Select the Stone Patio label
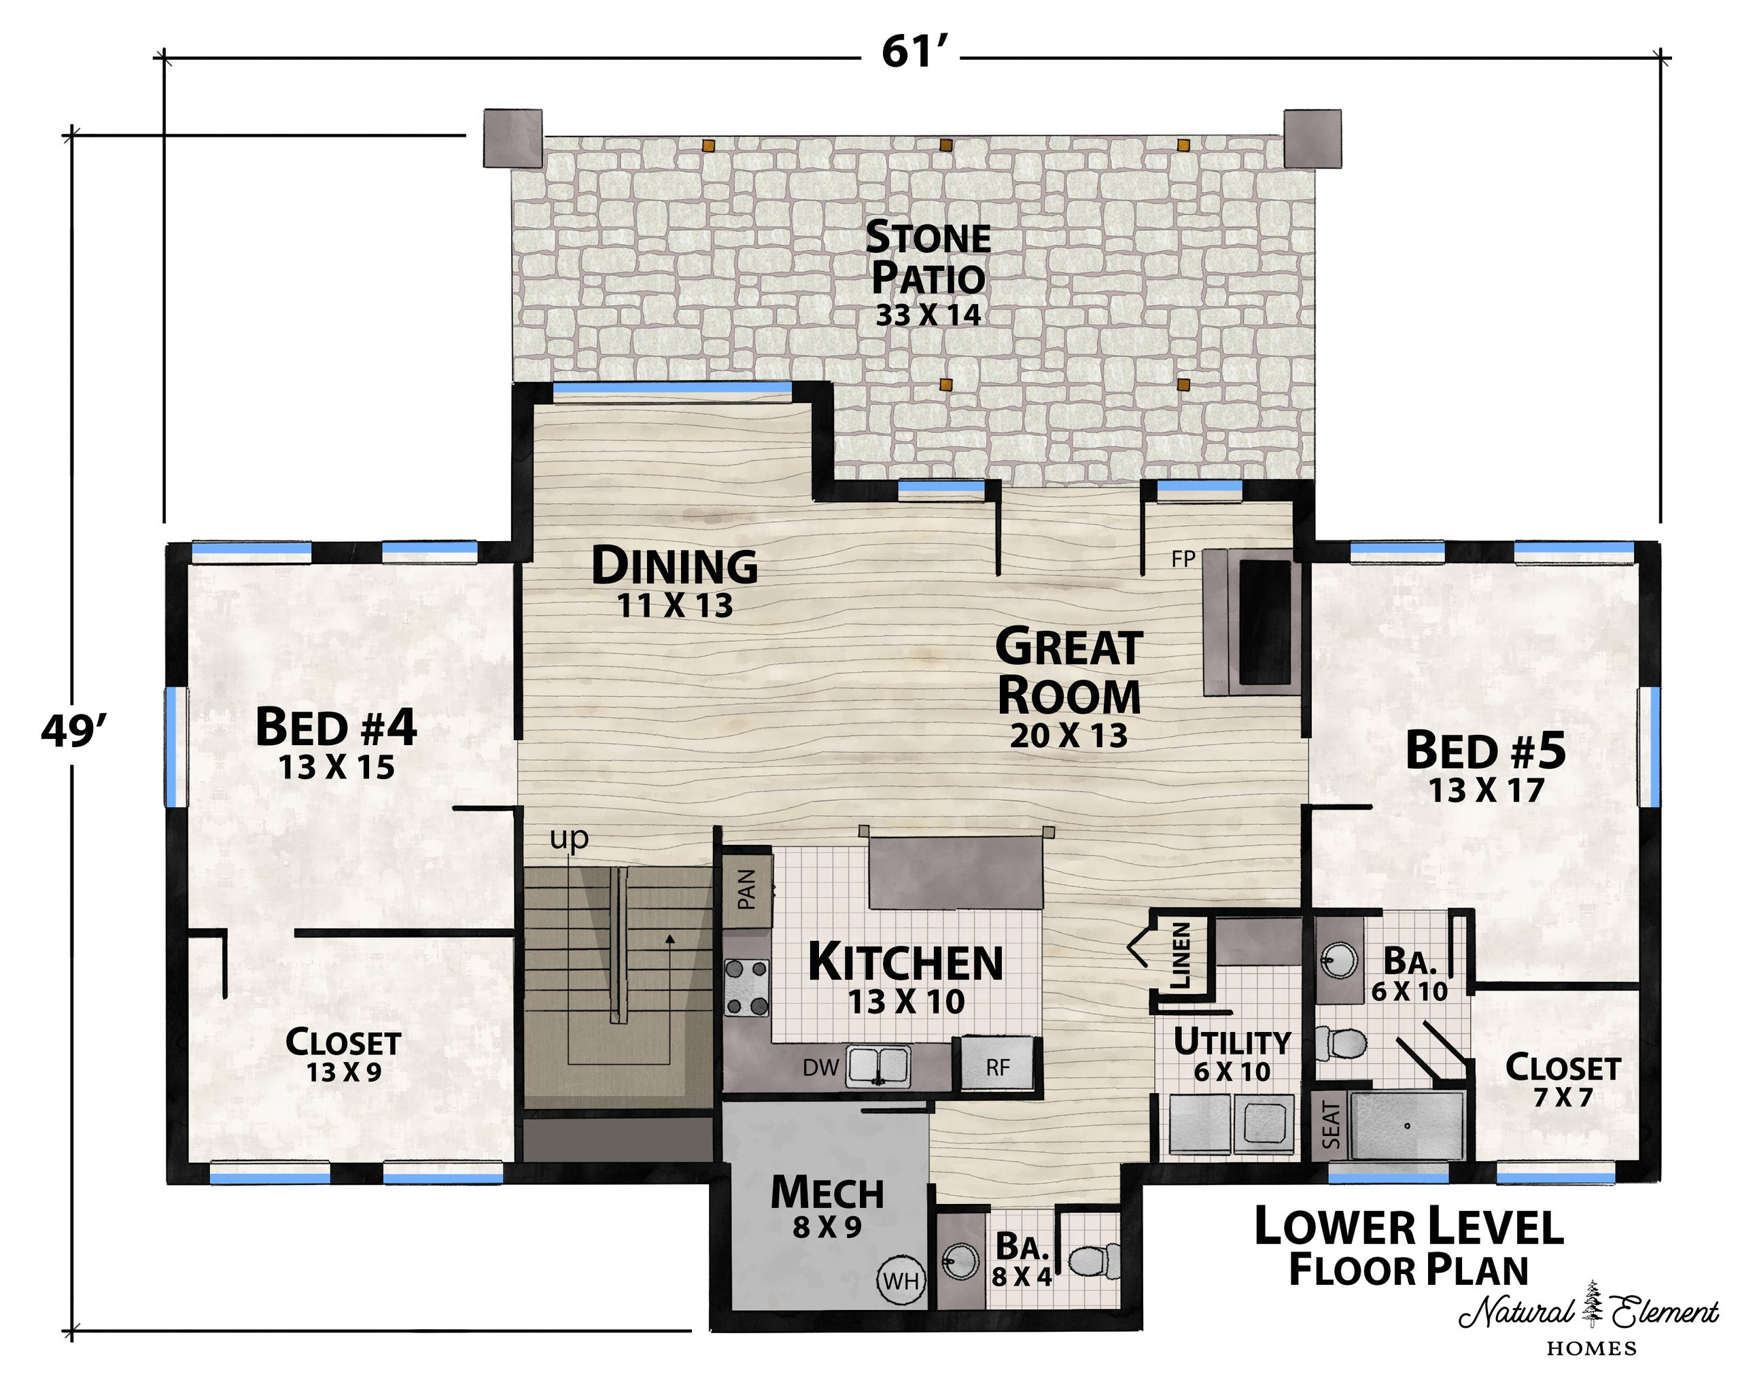click(x=928, y=258)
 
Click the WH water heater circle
click(x=901, y=1279)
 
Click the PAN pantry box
click(x=746, y=889)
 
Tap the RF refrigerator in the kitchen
click(x=997, y=1065)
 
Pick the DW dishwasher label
click(x=821, y=1068)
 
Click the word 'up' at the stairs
click(x=569, y=840)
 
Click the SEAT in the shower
click(x=1332, y=1125)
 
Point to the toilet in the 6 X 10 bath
click(x=1342, y=1044)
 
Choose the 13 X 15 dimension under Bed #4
click(x=336, y=768)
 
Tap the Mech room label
click(x=827, y=1193)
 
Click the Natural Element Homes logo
click(x=1588, y=1321)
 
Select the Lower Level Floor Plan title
click(x=1409, y=1246)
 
